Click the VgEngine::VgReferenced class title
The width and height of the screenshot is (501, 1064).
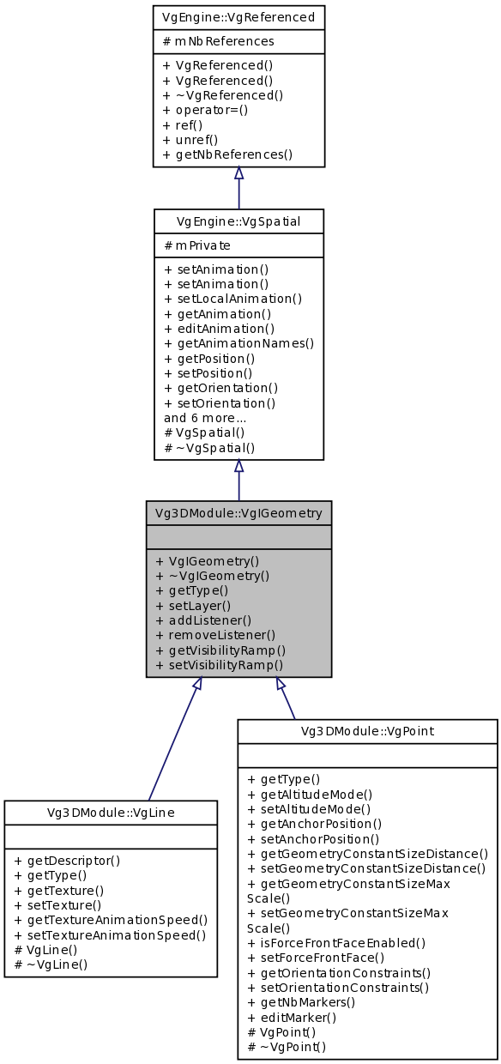pyautogui.click(x=238, y=16)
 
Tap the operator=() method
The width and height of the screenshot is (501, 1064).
pyautogui.click(x=204, y=110)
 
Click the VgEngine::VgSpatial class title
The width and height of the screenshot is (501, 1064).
pyautogui.click(x=238, y=221)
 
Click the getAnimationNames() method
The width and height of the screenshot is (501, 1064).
pyautogui.click(x=238, y=343)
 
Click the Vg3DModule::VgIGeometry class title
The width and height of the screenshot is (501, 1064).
pyautogui.click(x=238, y=513)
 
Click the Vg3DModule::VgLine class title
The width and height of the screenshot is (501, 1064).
pyautogui.click(x=110, y=812)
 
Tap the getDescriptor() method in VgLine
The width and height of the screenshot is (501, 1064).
pyautogui.click(x=67, y=860)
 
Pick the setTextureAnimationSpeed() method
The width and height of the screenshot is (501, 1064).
pyautogui.click(x=111, y=934)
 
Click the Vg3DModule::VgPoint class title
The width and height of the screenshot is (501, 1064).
pyautogui.click(x=367, y=731)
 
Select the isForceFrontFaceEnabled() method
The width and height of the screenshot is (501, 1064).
pyautogui.click(x=335, y=942)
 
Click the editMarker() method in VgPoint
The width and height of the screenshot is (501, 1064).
pyautogui.click(x=291, y=1017)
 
